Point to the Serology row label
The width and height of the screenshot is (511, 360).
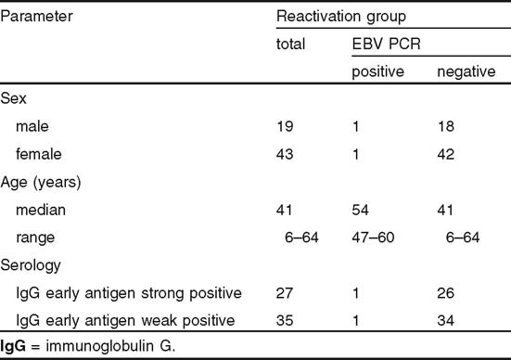coord(31,265)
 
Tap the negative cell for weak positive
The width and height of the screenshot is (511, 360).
coord(447,321)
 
